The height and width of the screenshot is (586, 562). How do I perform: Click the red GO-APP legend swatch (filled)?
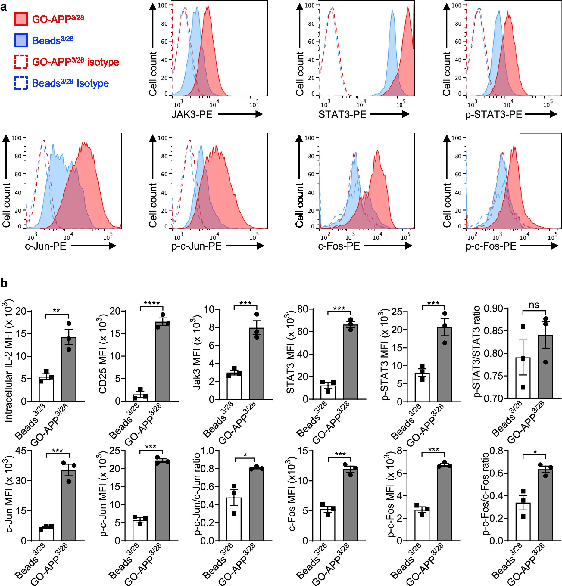coord(21,19)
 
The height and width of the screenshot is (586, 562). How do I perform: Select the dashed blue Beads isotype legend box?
coord(21,83)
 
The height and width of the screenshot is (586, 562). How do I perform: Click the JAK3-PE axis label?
coord(192,114)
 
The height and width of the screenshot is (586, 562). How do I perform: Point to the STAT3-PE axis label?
coord(342,114)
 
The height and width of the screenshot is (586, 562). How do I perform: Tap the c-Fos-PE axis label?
coord(339,246)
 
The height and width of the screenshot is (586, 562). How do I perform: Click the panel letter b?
coord(4,284)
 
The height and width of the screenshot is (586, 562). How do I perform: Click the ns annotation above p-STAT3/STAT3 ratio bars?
coord(534,305)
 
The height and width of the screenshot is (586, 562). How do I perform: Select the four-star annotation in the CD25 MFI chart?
coord(151,303)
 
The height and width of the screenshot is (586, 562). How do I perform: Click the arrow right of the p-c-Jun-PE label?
coord(245,246)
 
